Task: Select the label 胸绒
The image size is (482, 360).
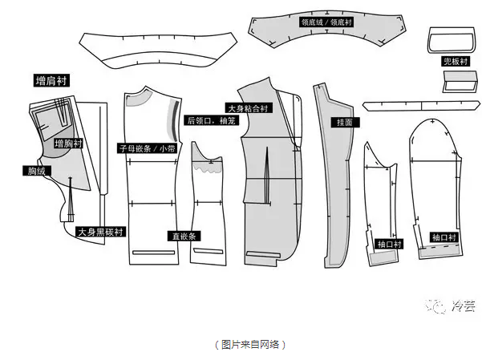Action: (36, 171)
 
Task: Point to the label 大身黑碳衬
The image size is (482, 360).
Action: (100, 232)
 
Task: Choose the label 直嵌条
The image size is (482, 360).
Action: (184, 237)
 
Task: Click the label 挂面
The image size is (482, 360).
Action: (346, 123)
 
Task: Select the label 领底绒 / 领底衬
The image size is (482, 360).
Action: (327, 22)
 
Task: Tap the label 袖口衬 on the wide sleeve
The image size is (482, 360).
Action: (444, 237)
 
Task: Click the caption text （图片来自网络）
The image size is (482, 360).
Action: (250, 344)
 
